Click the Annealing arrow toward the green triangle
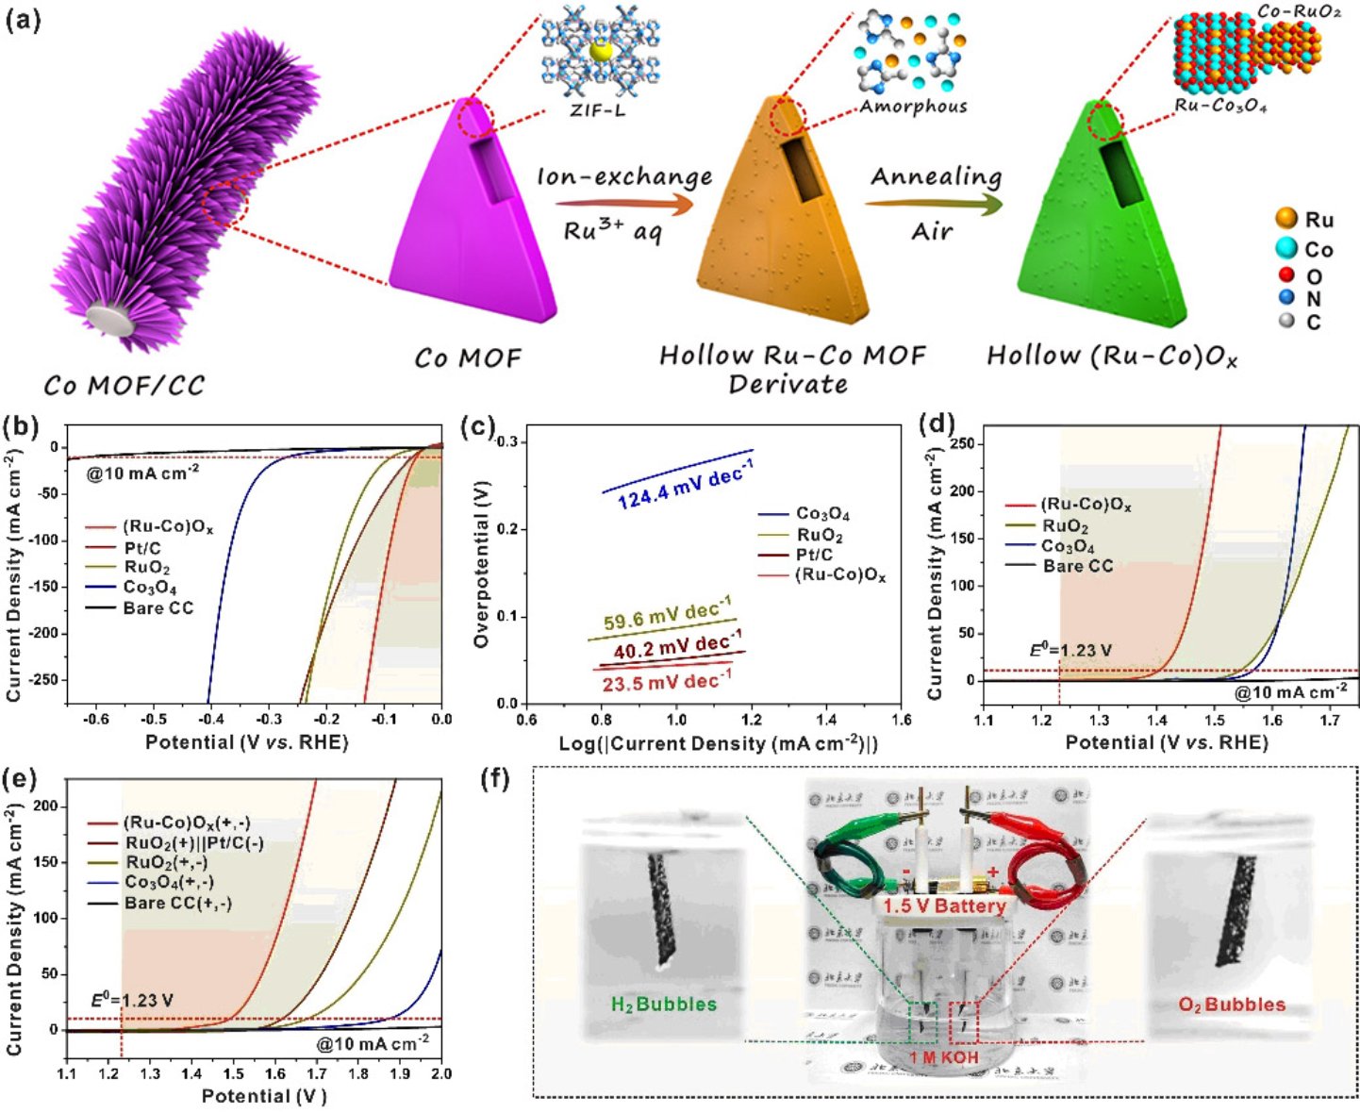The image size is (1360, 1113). [x=934, y=202]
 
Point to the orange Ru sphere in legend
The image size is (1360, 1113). [x=1286, y=219]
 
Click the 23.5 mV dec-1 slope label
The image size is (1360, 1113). [x=667, y=680]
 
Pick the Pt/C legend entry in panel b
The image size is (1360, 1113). [x=142, y=548]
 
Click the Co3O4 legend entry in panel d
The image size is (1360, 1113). [x=1068, y=546]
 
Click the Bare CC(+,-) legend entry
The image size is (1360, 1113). [x=177, y=903]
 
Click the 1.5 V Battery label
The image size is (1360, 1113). [x=944, y=906]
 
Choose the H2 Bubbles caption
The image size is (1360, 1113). [x=664, y=1005]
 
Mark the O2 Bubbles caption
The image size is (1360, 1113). [x=1232, y=1005]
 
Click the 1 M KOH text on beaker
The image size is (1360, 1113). [x=944, y=1057]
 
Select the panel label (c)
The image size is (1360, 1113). [x=478, y=427]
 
